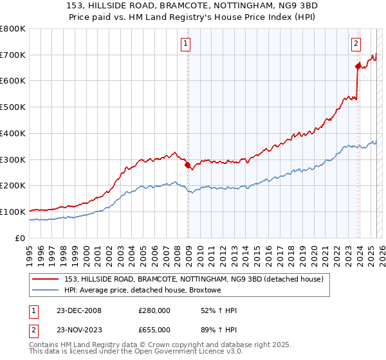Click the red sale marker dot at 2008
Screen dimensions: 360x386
coord(188,165)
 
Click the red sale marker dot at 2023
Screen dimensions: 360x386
coord(358,66)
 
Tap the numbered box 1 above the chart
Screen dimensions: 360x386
coord(185,44)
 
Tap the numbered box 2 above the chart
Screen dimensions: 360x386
coord(356,44)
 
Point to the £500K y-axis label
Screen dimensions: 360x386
coord(13,107)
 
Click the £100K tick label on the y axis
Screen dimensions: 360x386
coord(13,212)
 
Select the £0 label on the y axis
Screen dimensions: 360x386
coord(20,238)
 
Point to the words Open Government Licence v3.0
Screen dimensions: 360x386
coord(196,352)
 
